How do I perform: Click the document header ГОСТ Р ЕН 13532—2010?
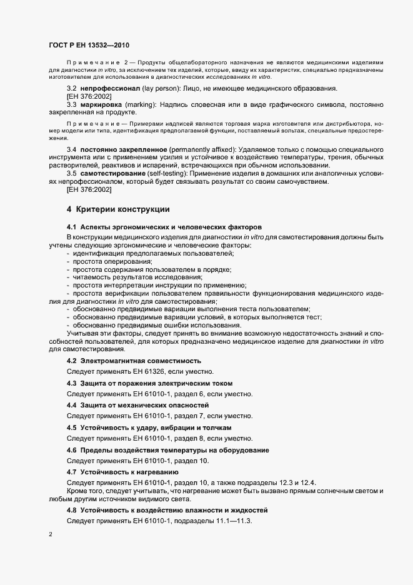click(x=89, y=45)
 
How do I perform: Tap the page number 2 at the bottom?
click(x=50, y=535)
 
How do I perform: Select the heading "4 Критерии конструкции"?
click(x=118, y=209)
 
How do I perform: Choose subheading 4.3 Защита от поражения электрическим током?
click(x=154, y=383)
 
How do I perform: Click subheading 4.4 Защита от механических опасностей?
click(x=146, y=405)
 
